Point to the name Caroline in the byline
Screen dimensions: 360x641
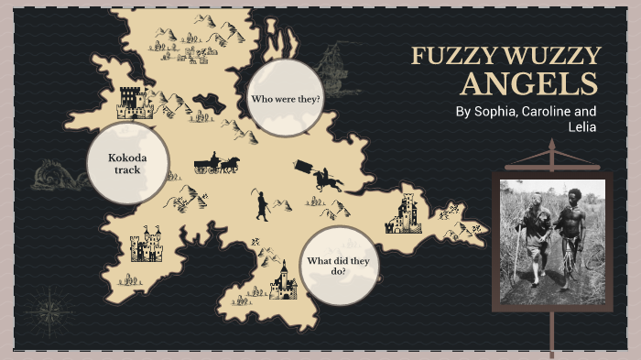551,112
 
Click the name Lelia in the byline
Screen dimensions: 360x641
581,128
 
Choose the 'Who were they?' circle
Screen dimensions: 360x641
286,98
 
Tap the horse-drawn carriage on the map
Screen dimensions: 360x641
217,164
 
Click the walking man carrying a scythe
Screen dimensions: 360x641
262,205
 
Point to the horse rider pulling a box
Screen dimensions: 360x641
319,176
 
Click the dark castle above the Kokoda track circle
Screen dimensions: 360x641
136,102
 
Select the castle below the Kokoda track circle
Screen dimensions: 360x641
146,245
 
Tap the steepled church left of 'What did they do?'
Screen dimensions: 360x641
283,282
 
